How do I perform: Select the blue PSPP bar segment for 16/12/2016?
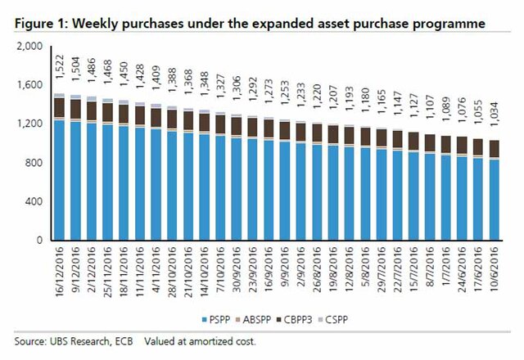coord(59,180)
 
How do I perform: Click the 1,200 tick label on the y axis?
coord(29,124)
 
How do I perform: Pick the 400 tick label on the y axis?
coord(33,202)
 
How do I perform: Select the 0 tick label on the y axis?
coord(38,241)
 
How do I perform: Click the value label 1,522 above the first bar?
coord(60,76)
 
